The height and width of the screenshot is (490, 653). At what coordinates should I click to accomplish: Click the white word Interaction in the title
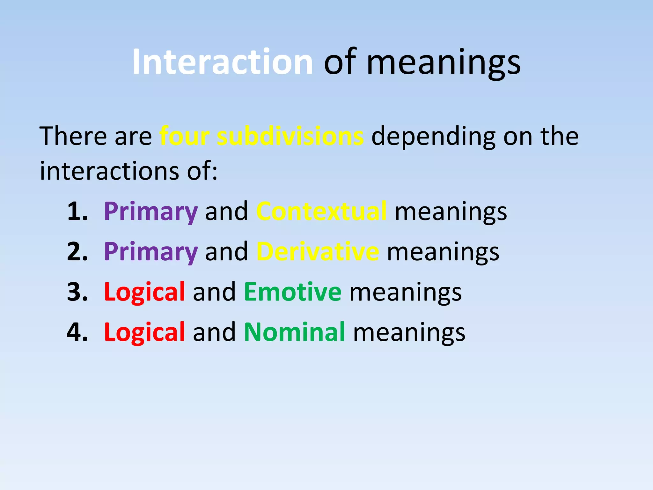tap(223, 62)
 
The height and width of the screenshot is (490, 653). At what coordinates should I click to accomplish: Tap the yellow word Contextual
tap(321, 212)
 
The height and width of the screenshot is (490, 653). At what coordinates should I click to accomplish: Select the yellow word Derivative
tap(318, 252)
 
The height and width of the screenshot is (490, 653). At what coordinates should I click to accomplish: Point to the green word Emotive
tap(292, 292)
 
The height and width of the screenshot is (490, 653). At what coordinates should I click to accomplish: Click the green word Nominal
tap(294, 332)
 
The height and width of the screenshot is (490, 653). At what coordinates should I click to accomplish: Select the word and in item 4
tap(214, 332)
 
